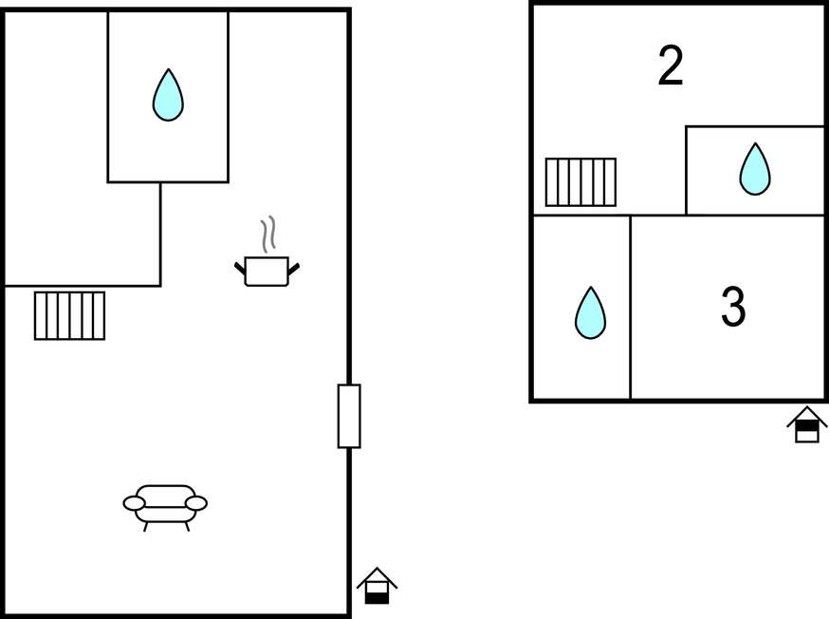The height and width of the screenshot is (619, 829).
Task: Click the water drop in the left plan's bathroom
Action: coord(168,95)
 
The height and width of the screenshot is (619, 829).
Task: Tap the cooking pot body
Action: coord(267,272)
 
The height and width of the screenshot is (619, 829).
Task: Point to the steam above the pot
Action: coord(268,234)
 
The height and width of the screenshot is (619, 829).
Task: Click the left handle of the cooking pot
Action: coord(240,268)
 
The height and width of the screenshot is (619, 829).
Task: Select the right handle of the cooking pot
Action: coord(294,269)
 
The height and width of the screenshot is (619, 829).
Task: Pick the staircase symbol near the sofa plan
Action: coord(70,315)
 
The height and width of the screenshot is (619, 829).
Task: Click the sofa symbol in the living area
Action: coord(165,507)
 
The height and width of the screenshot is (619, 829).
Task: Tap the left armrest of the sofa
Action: coord(135,503)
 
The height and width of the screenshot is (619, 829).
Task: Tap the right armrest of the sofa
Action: coord(196,503)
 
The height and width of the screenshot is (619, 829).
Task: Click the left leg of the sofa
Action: coord(146,526)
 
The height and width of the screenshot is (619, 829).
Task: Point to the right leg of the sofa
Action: coord(187,526)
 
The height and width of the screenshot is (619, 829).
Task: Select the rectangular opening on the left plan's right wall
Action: coord(349,417)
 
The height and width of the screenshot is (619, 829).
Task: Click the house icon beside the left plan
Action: coord(377,586)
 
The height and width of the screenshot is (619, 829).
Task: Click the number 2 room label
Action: coord(671,66)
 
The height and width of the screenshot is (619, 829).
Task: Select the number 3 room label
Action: coord(733,307)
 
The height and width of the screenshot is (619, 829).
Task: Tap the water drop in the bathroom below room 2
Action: coord(755,169)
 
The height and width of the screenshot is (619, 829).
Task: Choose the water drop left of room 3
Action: coord(591,313)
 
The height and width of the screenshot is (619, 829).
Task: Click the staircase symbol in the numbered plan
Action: coord(581,182)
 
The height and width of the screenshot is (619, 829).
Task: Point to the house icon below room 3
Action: coord(807,424)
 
